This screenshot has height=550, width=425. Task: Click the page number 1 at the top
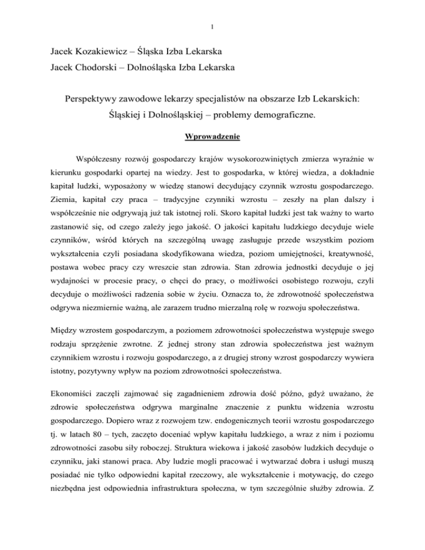click(212, 26)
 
